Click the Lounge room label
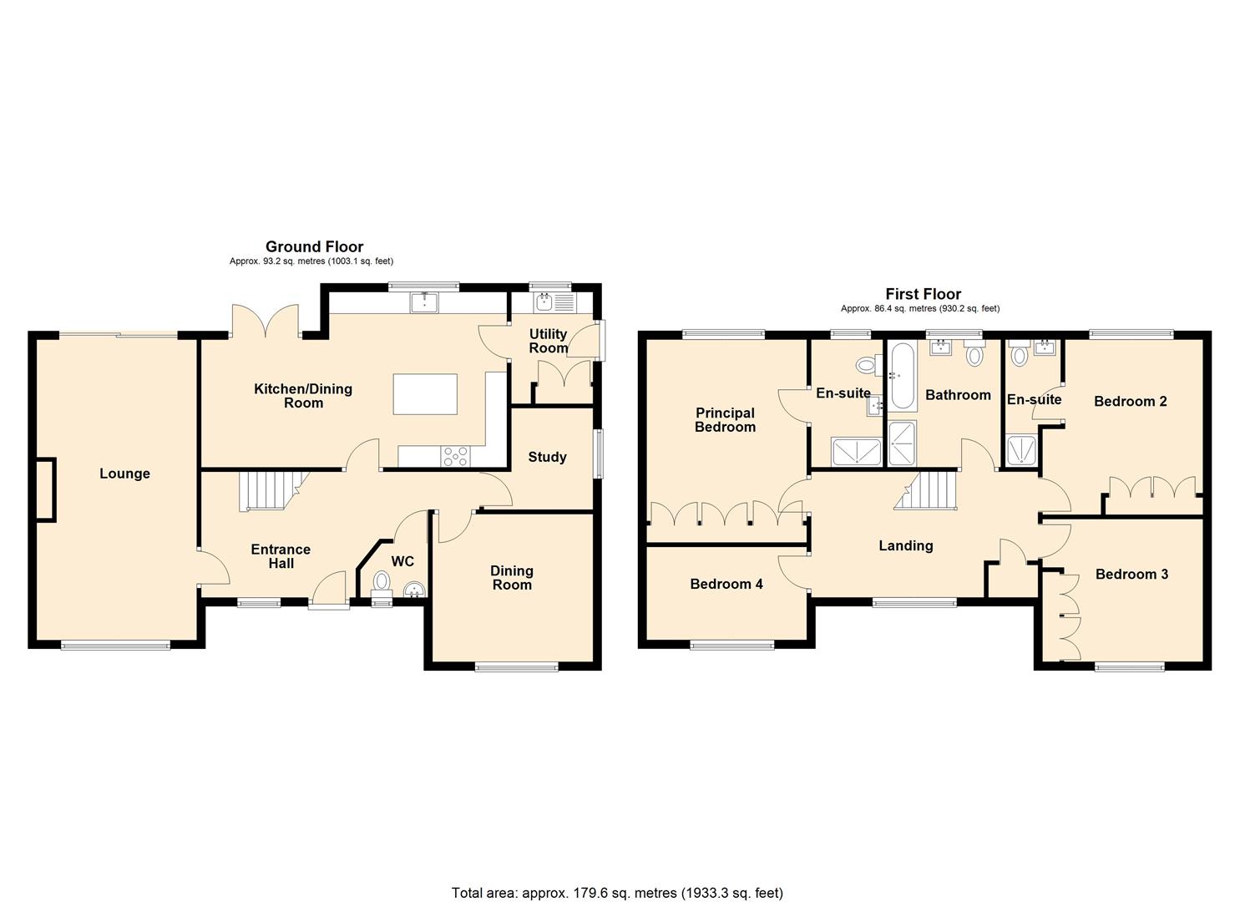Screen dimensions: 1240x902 [x=124, y=474]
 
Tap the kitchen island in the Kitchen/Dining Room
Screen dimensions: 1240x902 [x=425, y=394]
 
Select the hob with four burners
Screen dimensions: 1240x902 [x=455, y=457]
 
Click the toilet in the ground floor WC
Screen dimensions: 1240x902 [x=382, y=585]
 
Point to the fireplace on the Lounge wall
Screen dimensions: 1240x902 [x=46, y=489]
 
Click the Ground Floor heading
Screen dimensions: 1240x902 [x=315, y=247]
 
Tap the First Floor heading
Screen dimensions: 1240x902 [x=924, y=294]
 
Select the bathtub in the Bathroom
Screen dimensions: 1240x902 [x=903, y=376]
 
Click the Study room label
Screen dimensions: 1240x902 [x=548, y=458]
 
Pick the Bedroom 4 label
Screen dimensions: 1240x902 [x=726, y=584]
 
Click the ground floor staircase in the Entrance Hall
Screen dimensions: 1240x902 [x=272, y=490]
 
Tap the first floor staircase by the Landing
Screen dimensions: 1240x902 [x=925, y=490]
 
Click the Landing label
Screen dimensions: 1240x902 [x=906, y=546]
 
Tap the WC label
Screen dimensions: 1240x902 [x=402, y=561]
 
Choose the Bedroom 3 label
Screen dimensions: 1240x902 [x=1131, y=575]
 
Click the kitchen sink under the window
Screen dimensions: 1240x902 [x=424, y=302]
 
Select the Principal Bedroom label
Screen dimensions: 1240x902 [x=725, y=420]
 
